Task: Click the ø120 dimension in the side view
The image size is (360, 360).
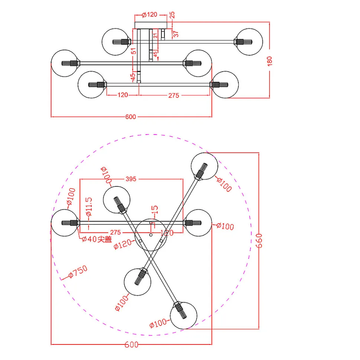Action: tap(150, 15)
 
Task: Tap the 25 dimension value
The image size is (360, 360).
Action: tap(172, 15)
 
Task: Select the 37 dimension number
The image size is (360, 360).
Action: tap(176, 33)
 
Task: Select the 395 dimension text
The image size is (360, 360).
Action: tap(131, 179)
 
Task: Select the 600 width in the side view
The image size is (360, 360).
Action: tap(131, 117)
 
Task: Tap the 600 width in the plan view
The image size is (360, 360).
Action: tap(131, 344)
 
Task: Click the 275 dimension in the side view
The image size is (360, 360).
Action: tap(173, 95)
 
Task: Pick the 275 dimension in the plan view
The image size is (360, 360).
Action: tap(116, 232)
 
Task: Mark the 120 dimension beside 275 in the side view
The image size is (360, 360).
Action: tap(122, 95)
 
